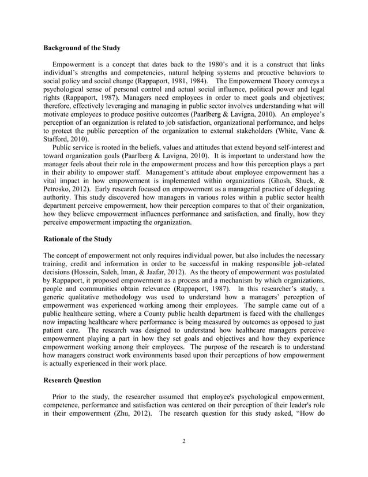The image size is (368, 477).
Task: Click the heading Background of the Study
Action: point(82,47)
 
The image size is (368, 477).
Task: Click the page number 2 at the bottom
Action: point(183,442)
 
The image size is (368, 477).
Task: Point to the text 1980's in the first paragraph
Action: point(215,64)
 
